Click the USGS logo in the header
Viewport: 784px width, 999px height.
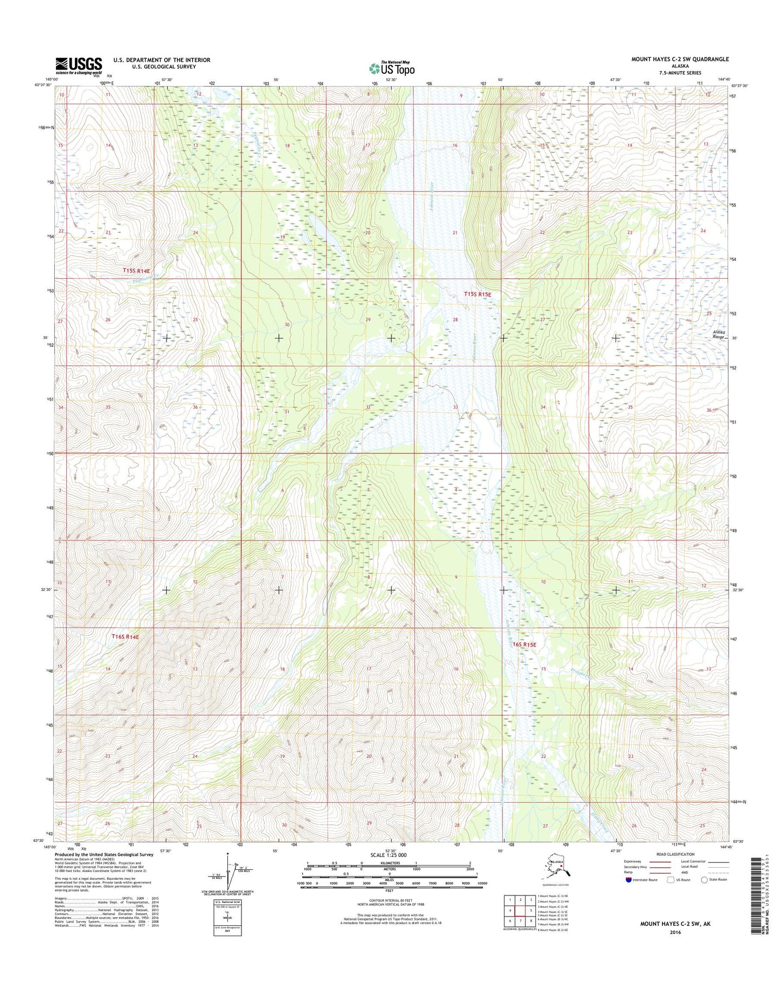(x=78, y=66)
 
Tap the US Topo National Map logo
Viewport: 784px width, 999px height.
(x=392, y=68)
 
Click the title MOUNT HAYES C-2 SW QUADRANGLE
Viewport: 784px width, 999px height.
(x=680, y=59)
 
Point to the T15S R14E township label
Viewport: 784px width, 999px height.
(x=136, y=270)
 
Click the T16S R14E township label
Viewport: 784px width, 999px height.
(x=125, y=637)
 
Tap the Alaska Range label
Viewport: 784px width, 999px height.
(x=718, y=335)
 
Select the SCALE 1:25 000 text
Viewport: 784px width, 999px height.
(x=392, y=855)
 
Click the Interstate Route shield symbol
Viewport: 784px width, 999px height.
(x=628, y=880)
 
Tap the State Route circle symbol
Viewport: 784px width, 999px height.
(x=704, y=880)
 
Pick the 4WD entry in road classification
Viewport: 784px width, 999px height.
(x=686, y=873)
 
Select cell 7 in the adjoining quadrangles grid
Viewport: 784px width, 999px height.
(x=521, y=921)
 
